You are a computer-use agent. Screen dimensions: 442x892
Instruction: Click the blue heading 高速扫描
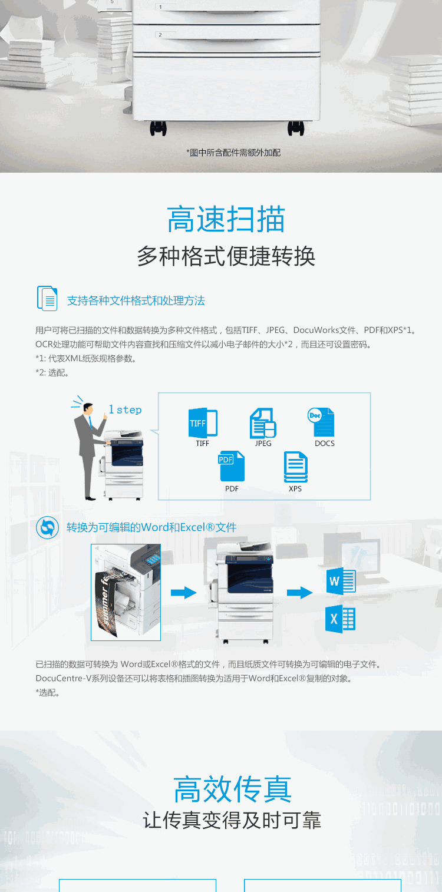pyautogui.click(x=226, y=219)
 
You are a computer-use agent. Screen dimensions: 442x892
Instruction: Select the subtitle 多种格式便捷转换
pyautogui.click(x=226, y=256)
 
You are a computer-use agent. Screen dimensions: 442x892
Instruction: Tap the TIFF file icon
pyautogui.click(x=203, y=422)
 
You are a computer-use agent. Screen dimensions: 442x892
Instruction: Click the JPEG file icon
pyautogui.click(x=263, y=422)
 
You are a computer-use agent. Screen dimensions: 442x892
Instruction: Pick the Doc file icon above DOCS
pyautogui.click(x=321, y=422)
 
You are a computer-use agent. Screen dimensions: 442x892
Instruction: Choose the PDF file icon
pyautogui.click(x=232, y=466)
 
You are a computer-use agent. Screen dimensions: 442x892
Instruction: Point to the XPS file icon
pyautogui.click(x=295, y=466)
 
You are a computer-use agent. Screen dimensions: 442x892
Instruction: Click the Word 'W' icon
pyautogui.click(x=341, y=582)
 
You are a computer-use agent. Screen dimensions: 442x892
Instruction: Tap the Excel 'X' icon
pyautogui.click(x=340, y=619)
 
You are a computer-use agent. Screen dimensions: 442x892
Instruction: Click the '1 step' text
pyautogui.click(x=125, y=409)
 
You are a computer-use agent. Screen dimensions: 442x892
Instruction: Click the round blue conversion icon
pyautogui.click(x=47, y=528)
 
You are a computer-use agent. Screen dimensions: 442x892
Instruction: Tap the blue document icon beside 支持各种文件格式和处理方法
pyautogui.click(x=47, y=298)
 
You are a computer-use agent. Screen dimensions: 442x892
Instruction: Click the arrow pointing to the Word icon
pyautogui.click(x=299, y=593)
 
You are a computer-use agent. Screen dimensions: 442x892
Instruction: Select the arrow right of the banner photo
pyautogui.click(x=183, y=593)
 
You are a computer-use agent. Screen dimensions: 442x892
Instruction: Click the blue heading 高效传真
pyautogui.click(x=232, y=789)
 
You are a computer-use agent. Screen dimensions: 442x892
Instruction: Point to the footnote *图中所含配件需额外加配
pyautogui.click(x=233, y=153)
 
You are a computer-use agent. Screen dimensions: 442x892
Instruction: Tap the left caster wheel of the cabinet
pyautogui.click(x=158, y=128)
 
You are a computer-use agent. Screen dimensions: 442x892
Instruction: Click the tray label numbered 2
pyautogui.click(x=160, y=35)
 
